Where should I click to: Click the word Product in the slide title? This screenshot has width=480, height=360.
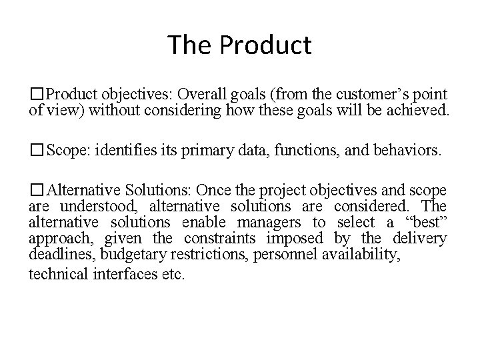tap(265, 45)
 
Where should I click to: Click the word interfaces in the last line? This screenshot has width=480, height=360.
tap(116, 274)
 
